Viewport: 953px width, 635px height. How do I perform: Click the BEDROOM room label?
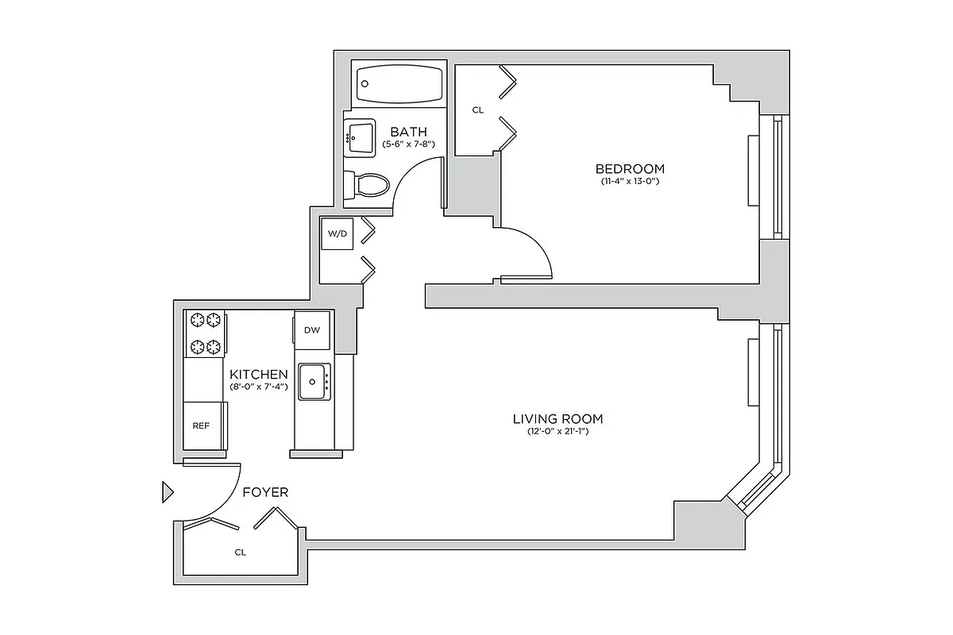point(630,168)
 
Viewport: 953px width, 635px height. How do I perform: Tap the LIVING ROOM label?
point(558,418)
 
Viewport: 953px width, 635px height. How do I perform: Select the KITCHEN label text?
point(258,374)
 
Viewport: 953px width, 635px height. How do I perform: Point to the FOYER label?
point(265,492)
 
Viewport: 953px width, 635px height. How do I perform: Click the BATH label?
point(408,132)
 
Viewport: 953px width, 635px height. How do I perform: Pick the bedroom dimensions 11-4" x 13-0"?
point(630,182)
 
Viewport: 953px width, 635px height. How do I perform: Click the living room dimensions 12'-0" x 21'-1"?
point(558,432)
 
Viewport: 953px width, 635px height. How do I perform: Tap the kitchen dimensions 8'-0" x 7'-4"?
point(258,387)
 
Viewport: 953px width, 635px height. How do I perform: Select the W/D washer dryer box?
point(337,234)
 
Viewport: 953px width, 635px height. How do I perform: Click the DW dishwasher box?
point(311,330)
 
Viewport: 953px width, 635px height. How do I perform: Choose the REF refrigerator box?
point(201,425)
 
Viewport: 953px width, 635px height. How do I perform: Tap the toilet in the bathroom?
point(368,186)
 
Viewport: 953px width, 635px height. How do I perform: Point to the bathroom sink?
point(361,137)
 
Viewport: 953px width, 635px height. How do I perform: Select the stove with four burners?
point(205,333)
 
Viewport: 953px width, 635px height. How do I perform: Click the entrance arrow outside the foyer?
point(167,492)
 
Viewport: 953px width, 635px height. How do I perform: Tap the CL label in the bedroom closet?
point(477,110)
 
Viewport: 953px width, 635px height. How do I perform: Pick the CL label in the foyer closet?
point(240,552)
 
